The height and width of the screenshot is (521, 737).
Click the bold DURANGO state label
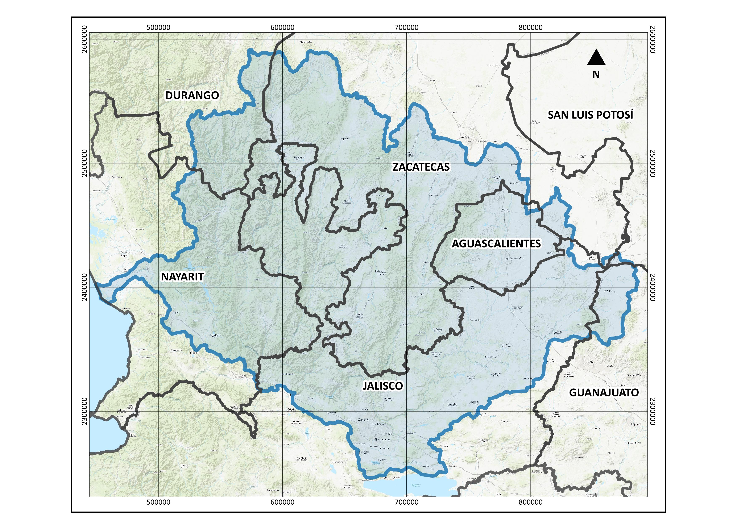tap(192, 95)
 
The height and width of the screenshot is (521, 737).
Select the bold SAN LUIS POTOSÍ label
tap(590, 115)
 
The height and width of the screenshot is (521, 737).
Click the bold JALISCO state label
tap(383, 386)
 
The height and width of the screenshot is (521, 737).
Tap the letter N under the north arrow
tap(596, 75)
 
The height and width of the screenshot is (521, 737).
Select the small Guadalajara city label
tap(379, 424)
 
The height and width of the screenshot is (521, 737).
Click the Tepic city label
tap(175, 312)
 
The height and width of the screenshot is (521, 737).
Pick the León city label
tap(590, 362)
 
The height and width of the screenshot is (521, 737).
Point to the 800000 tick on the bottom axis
tap(531, 502)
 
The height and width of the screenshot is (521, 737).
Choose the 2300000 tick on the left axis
tap(84, 411)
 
